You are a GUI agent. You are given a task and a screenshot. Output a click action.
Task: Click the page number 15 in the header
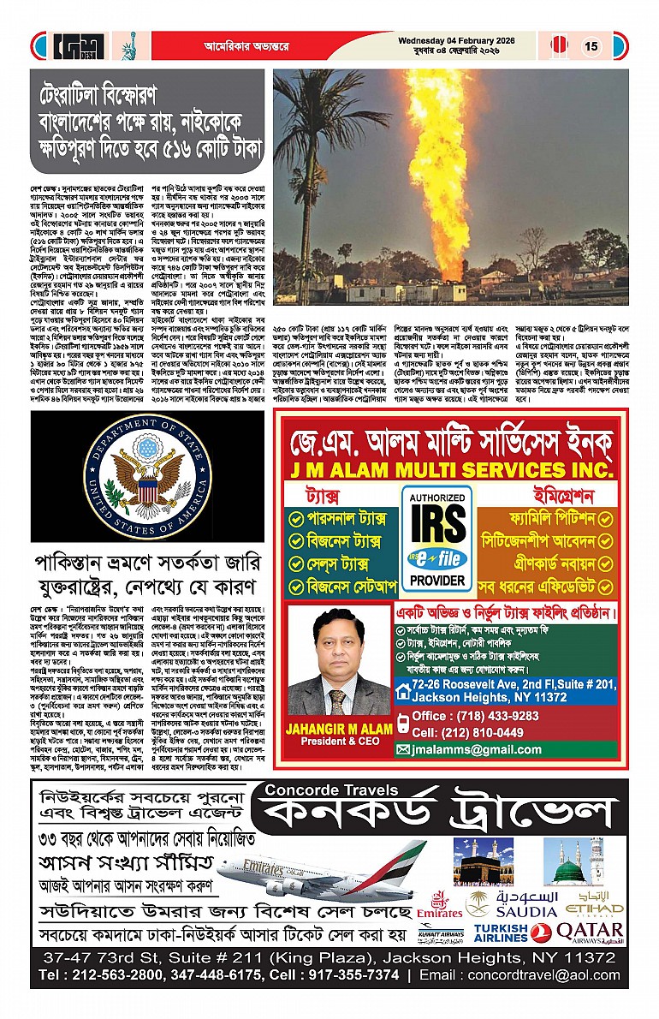591,46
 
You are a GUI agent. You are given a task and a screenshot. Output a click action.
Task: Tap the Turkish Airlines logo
501,933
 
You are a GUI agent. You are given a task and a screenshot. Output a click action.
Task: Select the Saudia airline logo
513,904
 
